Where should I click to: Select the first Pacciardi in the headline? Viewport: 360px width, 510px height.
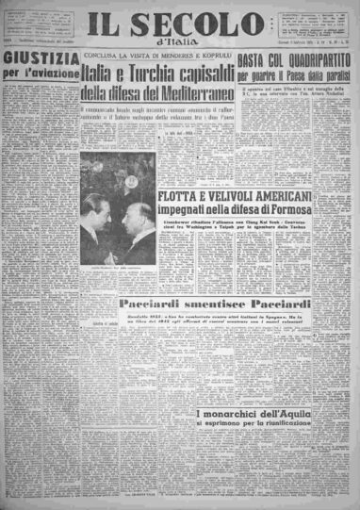[x=155, y=304]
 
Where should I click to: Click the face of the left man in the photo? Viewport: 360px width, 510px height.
[x=99, y=205]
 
